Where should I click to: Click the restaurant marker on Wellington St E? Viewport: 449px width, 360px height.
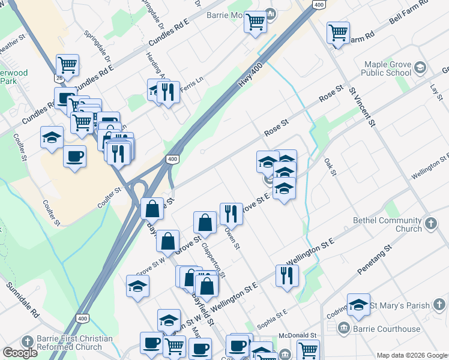point(287,275)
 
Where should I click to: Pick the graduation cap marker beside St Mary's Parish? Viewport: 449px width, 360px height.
point(358,305)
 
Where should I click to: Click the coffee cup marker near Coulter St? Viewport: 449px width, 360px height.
point(74,157)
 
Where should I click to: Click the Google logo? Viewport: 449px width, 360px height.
point(20,353)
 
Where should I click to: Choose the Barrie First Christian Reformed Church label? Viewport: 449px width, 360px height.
point(74,343)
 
